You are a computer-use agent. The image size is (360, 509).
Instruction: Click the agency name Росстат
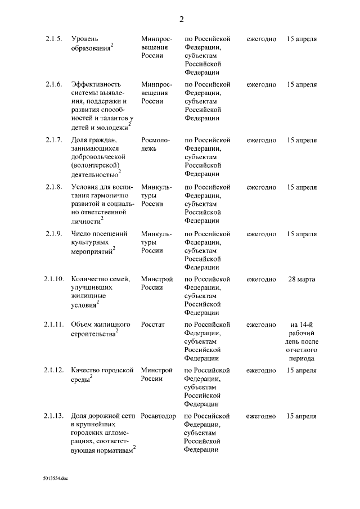coord(152,325)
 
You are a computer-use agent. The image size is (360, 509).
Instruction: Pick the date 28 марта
coord(301,279)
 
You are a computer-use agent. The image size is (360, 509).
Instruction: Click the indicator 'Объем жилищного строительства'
coord(101,329)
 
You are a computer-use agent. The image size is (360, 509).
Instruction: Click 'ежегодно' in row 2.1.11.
coord(261,325)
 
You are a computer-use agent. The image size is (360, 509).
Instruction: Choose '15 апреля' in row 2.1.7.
coord(301,140)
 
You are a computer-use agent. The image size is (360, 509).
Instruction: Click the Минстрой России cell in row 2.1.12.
coord(156,375)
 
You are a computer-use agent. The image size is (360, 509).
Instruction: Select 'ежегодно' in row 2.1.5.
coord(261,39)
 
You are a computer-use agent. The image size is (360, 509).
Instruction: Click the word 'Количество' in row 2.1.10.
coord(89,279)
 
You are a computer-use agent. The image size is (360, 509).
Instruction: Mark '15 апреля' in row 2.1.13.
coord(301,416)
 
